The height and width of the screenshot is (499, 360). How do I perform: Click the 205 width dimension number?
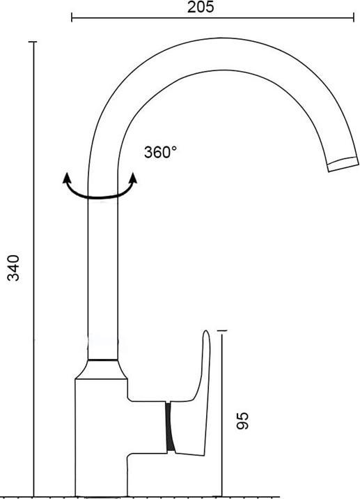click(201, 7)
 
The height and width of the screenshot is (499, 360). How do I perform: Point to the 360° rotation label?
click(160, 153)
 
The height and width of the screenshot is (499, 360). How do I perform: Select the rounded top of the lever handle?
click(207, 336)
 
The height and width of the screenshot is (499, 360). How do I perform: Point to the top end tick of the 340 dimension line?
click(33, 43)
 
